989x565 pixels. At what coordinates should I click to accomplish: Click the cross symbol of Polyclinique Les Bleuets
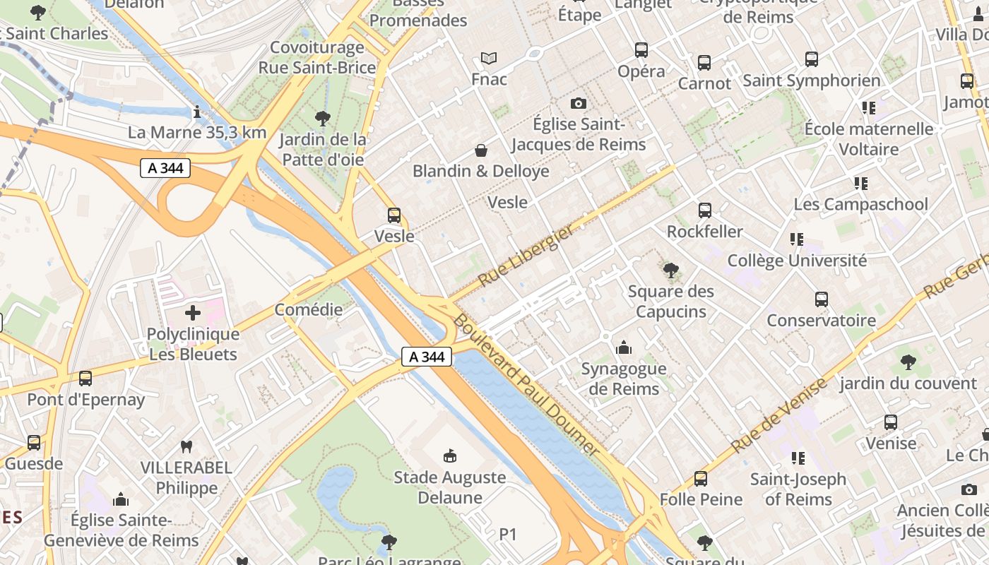pyautogui.click(x=192, y=313)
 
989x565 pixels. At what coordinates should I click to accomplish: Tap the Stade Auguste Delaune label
pyautogui.click(x=449, y=487)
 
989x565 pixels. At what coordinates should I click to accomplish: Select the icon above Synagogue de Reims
pyautogui.click(x=623, y=347)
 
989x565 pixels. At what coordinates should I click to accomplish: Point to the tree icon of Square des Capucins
pyautogui.click(x=671, y=270)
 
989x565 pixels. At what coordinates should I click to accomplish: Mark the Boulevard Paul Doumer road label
pyautogui.click(x=526, y=385)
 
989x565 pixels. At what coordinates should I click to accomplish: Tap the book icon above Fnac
pyautogui.click(x=489, y=58)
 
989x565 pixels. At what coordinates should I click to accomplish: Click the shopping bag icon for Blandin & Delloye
pyautogui.click(x=480, y=150)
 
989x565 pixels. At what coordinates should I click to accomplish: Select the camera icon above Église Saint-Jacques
pyautogui.click(x=578, y=104)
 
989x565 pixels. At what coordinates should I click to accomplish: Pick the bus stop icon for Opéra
pyautogui.click(x=641, y=50)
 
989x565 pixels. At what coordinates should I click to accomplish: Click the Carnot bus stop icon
pyautogui.click(x=704, y=63)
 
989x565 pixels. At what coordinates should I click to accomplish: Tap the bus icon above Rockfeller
pyautogui.click(x=704, y=210)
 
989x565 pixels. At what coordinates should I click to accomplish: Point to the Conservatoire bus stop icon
pyautogui.click(x=821, y=299)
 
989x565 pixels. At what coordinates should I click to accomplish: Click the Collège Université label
pyautogui.click(x=797, y=261)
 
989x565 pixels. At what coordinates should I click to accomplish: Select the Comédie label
pyautogui.click(x=308, y=309)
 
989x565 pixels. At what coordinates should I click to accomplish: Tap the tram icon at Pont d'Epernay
pyautogui.click(x=85, y=379)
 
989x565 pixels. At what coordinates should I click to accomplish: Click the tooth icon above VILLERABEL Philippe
pyautogui.click(x=186, y=446)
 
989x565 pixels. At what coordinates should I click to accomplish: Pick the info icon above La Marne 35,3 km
pyautogui.click(x=197, y=112)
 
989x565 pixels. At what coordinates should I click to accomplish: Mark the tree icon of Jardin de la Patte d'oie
pyautogui.click(x=323, y=118)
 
